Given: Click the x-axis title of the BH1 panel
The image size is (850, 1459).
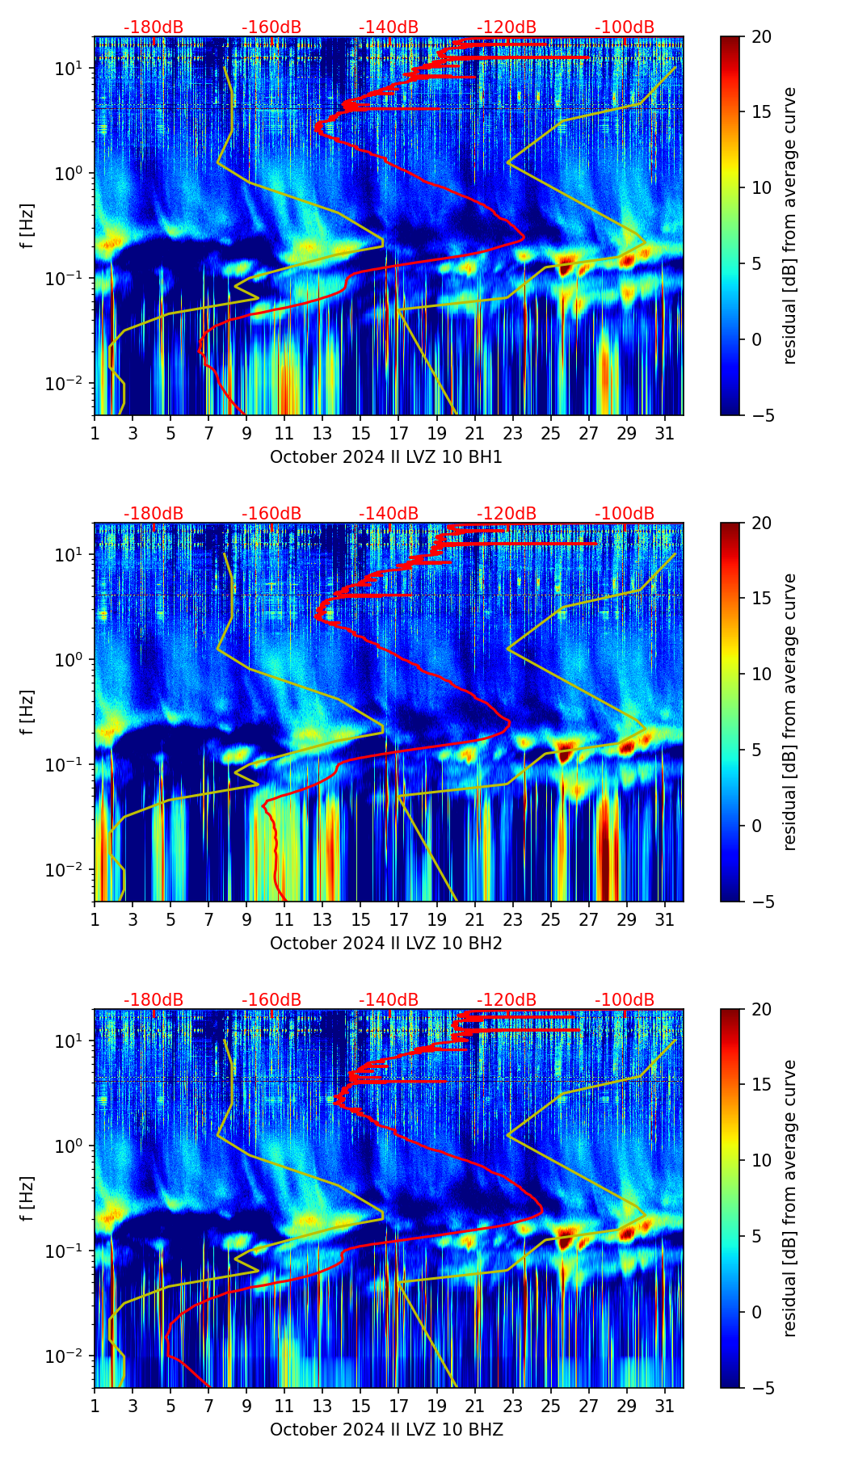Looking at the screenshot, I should (x=386, y=457).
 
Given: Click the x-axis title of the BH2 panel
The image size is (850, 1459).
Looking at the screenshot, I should (x=386, y=944).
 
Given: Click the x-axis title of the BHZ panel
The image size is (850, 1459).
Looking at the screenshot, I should (x=386, y=1430).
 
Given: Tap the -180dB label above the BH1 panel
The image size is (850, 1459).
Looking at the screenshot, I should (x=154, y=27).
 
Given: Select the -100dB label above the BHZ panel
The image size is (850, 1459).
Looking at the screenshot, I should (x=625, y=1000).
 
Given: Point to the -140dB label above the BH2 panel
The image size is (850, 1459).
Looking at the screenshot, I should (x=389, y=514).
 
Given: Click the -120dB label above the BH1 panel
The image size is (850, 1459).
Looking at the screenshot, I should (x=507, y=27).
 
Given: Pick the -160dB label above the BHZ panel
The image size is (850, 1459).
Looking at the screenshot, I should (x=271, y=1000).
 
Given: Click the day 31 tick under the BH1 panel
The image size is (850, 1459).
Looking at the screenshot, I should (x=665, y=433).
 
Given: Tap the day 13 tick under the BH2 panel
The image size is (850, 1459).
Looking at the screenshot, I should (x=322, y=919).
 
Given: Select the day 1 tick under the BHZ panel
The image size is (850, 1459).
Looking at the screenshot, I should (x=95, y=1406).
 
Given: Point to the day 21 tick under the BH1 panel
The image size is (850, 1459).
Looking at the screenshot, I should (x=474, y=433).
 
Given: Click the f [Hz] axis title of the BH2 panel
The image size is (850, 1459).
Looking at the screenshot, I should (x=27, y=712).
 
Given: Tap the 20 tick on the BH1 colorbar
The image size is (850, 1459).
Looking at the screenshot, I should (x=761, y=36).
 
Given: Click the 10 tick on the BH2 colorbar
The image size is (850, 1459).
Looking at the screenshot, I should (x=761, y=674).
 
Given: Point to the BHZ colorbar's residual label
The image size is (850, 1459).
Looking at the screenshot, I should (x=790, y=1198).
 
